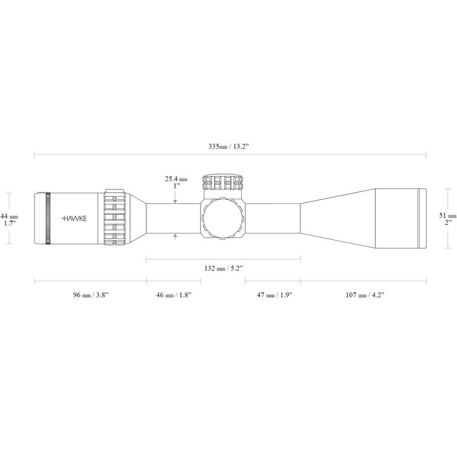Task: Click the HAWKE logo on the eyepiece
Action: tap(76, 218)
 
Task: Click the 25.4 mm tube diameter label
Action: tap(176, 183)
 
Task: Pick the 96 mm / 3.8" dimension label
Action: tap(90, 295)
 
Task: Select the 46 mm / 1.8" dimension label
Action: tap(173, 295)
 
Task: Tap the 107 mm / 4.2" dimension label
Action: tap(364, 295)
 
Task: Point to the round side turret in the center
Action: tap(223, 218)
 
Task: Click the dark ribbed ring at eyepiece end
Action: tap(48, 218)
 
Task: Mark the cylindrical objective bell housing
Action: tap(397, 218)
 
